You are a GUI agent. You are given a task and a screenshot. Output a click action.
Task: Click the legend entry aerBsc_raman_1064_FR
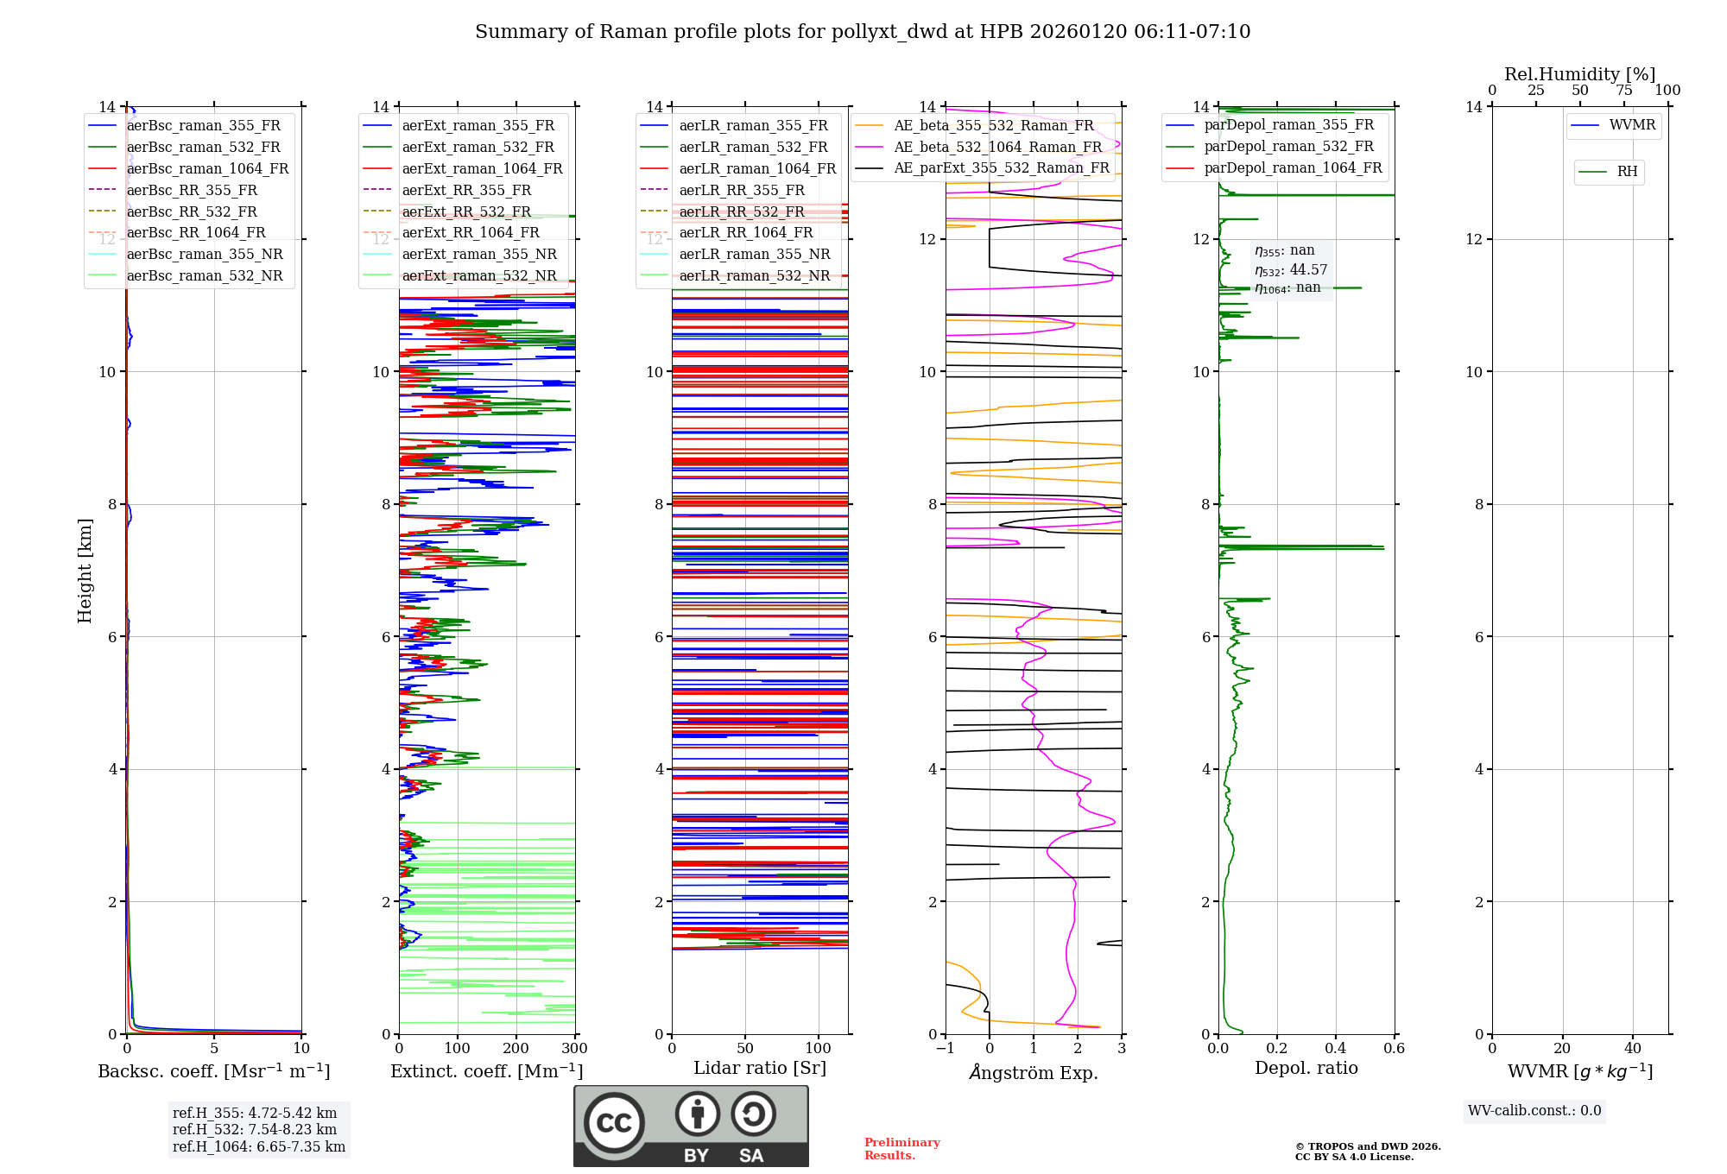(207, 169)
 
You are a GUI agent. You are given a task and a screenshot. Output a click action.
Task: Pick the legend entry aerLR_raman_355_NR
(754, 255)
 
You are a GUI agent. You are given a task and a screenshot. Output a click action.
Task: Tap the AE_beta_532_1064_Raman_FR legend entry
(997, 148)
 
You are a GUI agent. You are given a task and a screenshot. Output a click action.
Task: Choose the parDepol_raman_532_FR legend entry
(1288, 147)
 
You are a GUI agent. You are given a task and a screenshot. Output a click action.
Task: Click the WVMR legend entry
(1632, 125)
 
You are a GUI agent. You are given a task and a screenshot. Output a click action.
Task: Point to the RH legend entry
(1627, 172)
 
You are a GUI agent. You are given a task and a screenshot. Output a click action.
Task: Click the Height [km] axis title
(85, 570)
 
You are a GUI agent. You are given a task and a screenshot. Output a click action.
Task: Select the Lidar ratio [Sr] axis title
(760, 1068)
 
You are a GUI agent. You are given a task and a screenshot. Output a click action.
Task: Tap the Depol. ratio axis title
(1306, 1068)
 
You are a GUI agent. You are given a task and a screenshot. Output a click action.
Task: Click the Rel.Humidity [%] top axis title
(1579, 74)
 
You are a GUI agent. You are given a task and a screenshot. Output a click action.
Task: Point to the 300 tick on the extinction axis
(574, 1048)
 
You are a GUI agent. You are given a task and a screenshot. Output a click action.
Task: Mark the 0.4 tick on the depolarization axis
(1335, 1048)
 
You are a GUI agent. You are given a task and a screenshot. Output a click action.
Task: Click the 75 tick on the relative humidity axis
(1623, 91)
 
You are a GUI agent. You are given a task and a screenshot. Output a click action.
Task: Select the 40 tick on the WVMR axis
(1632, 1048)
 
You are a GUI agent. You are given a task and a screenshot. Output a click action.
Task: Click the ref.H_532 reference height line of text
(255, 1129)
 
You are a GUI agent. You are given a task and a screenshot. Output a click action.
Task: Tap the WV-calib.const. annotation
(1534, 1111)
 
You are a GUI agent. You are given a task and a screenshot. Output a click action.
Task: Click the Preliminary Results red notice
(901, 1149)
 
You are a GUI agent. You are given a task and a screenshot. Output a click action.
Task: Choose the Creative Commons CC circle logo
(614, 1123)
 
